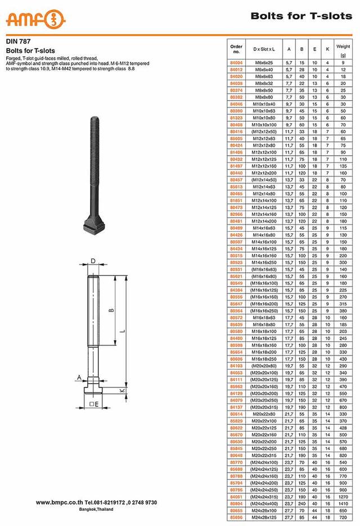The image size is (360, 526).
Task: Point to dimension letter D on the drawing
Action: [x=92, y=261]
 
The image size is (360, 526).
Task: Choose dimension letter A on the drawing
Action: [x=79, y=377]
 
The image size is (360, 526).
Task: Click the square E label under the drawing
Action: [x=94, y=404]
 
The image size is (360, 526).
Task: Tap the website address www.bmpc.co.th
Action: [x=60, y=502]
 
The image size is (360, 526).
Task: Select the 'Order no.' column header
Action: [x=236, y=48]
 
